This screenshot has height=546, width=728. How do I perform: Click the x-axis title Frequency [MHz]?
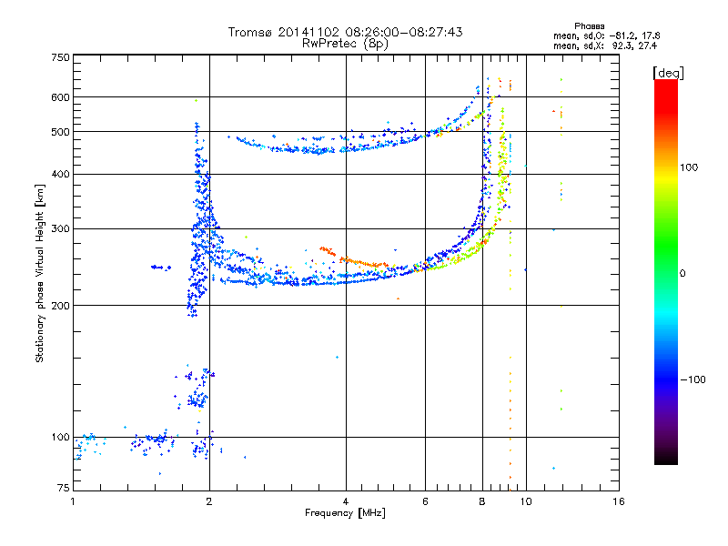345,514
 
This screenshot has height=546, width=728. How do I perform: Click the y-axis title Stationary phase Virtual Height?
40,273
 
